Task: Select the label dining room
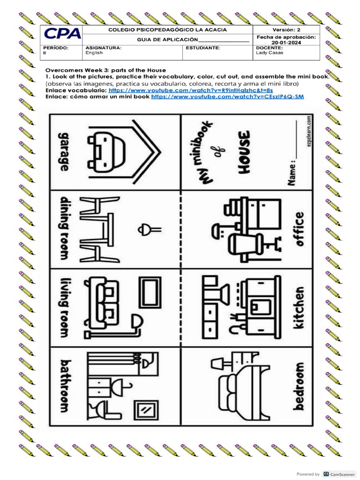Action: point(63,228)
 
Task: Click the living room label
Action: point(63,307)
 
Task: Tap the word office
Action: point(299,229)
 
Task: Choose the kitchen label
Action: point(299,307)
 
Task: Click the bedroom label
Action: point(299,386)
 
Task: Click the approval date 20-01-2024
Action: point(286,43)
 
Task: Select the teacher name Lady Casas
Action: point(269,53)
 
